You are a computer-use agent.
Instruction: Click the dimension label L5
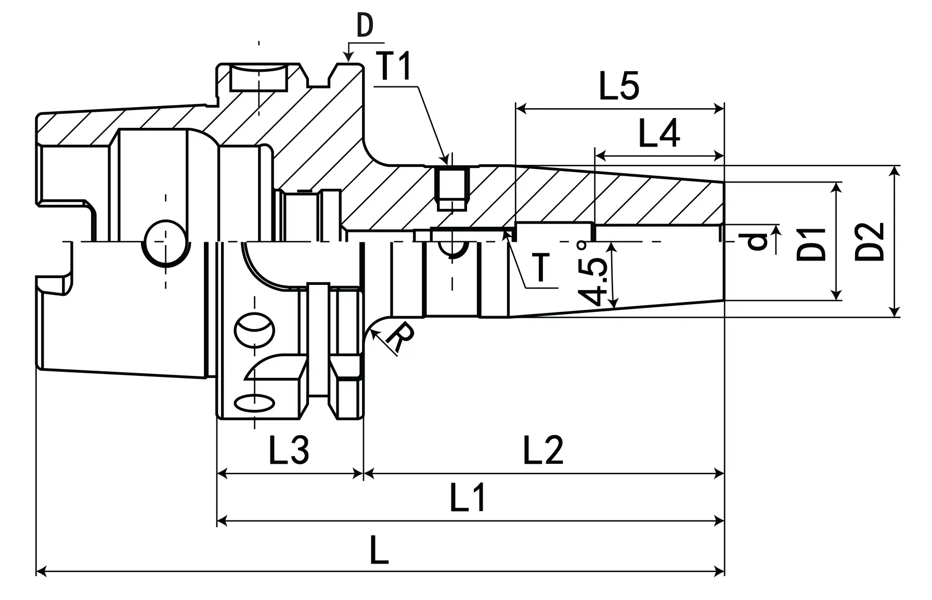point(619,86)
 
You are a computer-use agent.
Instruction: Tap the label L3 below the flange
point(289,450)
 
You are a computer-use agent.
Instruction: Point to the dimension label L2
point(543,450)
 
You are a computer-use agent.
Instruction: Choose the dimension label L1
point(468,498)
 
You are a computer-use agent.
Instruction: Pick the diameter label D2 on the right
point(870,242)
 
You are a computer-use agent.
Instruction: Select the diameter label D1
point(812,243)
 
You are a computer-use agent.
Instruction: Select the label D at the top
point(365,26)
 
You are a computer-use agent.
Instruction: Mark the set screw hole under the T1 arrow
point(451,188)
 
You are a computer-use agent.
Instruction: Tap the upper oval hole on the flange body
point(254,329)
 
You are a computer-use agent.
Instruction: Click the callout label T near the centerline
point(541,267)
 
